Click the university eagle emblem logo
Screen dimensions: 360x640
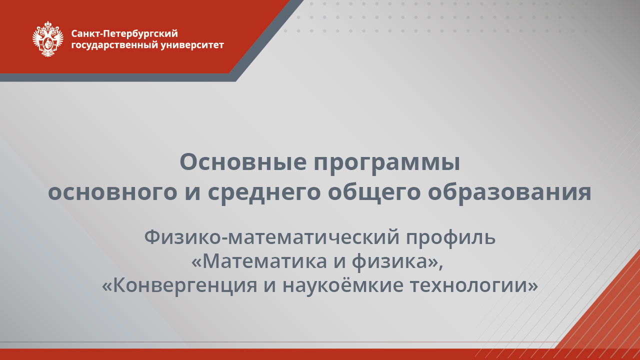pyautogui.click(x=47, y=38)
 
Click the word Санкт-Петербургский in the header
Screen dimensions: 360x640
pyautogui.click(x=124, y=33)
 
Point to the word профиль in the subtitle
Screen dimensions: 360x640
pyautogui.click(x=450, y=237)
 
